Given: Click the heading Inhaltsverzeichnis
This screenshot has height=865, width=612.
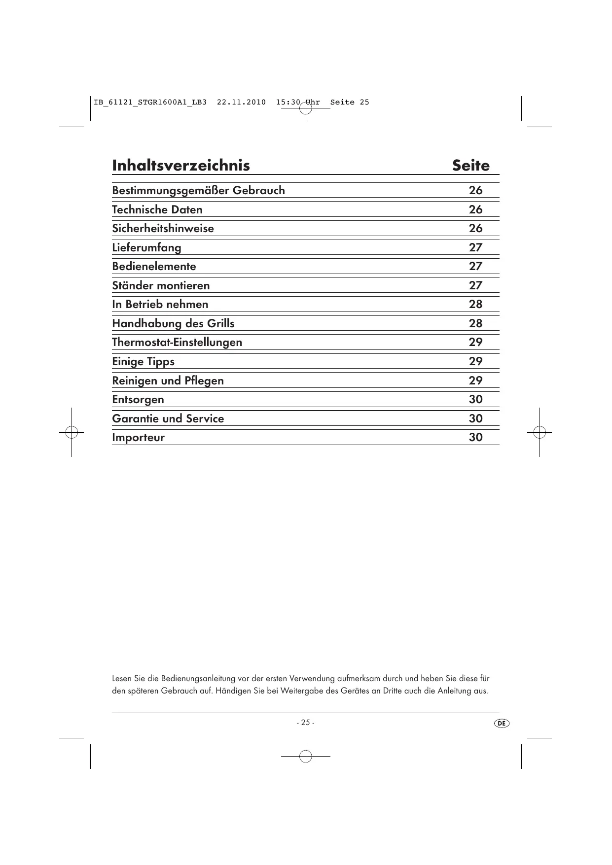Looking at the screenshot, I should pos(180,166).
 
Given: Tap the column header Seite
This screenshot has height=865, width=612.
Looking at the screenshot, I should pos(470,166).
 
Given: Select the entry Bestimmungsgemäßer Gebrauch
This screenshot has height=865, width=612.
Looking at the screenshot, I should pos(198,190).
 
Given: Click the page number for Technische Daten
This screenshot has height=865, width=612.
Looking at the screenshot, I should pos(475,209).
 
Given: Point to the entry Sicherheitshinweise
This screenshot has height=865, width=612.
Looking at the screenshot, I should pos(163,228).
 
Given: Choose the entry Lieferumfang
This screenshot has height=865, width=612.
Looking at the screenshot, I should pos(146,247).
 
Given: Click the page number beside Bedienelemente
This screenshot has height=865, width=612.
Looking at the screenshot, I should pos(475,266).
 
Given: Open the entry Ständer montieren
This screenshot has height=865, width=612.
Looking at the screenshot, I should pos(161,285).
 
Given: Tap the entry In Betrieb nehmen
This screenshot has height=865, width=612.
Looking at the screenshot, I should pos(160,304).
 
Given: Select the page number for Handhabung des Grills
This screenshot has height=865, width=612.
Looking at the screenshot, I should pos(475,323).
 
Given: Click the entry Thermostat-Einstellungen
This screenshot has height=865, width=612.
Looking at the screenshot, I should pos(177,342).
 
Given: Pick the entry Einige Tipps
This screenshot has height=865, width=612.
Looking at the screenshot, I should pos(143,361).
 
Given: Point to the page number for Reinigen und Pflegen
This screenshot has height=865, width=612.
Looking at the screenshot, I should pos(475,381).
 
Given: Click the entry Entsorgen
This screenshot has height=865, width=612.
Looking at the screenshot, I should pos(138,399).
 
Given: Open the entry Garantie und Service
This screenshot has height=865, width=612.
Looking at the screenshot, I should pos(168,418).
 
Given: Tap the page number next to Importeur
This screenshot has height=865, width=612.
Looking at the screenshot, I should pos(475,437).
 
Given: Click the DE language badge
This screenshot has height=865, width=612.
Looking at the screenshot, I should pos(502,723).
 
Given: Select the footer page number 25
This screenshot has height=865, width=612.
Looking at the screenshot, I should pos(305,723).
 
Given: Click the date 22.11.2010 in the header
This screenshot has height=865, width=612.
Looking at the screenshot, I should pos(241,103).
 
